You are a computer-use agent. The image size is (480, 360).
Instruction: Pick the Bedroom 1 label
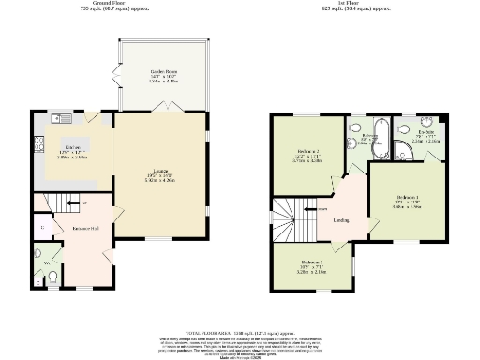(x=406, y=199)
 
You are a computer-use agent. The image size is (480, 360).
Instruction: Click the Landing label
(x=342, y=221)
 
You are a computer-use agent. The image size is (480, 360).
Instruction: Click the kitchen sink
(x=59, y=118)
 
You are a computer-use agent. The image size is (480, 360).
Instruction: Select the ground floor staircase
(x=61, y=202)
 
